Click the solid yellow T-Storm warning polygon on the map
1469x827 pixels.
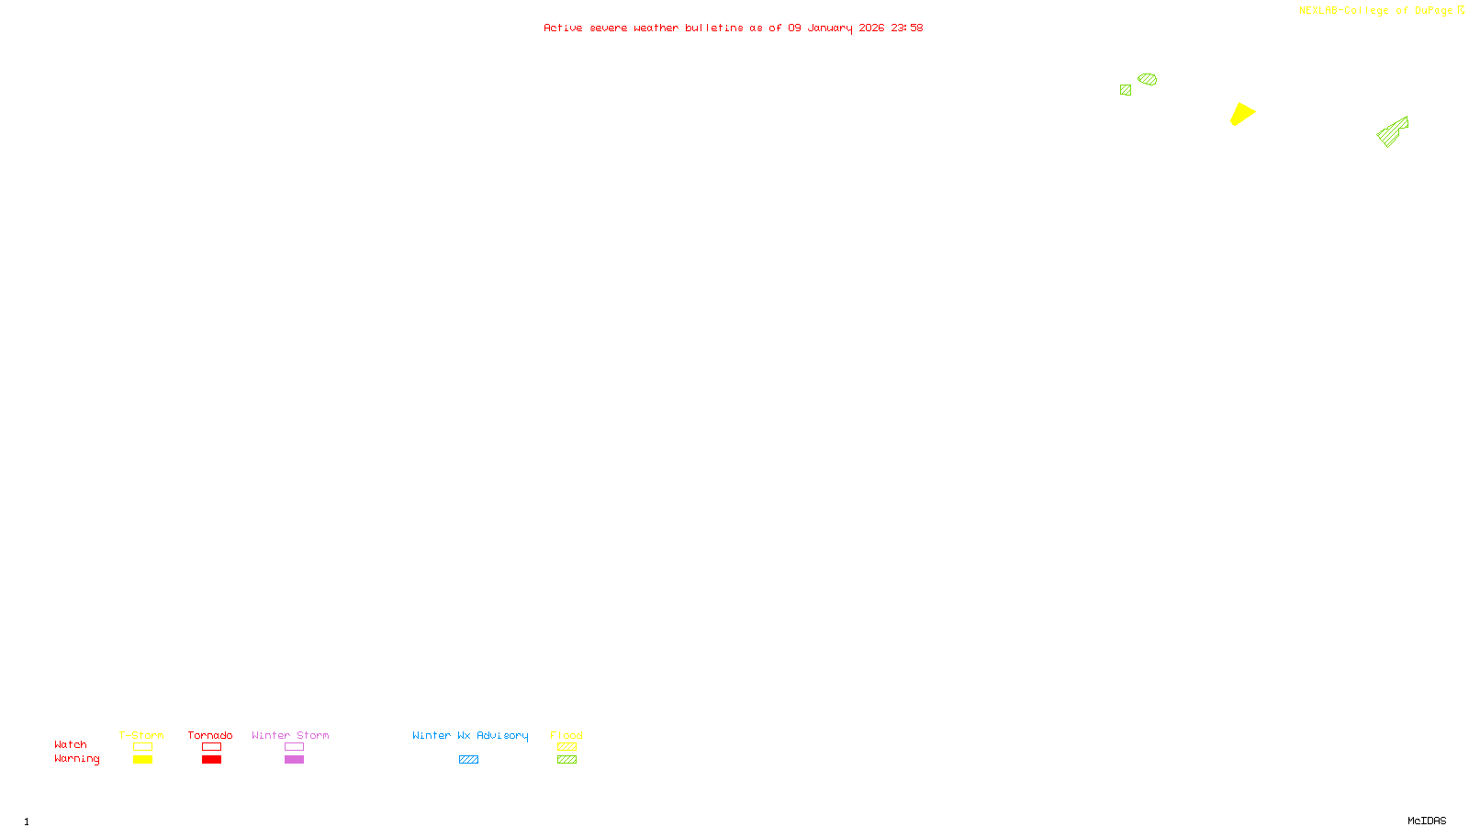tap(1241, 114)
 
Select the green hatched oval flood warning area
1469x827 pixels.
tap(1148, 79)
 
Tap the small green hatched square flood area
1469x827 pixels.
tap(1126, 90)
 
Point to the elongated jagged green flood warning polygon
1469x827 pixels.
tap(1392, 132)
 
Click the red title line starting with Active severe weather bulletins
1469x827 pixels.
tap(733, 28)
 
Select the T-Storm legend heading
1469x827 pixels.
tap(141, 735)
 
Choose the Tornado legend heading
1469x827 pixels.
tap(210, 735)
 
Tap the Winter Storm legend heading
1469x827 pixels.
tap(290, 735)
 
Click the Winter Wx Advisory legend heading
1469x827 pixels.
tap(470, 735)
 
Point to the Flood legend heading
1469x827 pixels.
tap(566, 735)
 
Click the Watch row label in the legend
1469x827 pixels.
tap(71, 744)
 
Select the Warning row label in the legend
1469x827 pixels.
tap(76, 759)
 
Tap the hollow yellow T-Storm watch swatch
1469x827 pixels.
tap(142, 747)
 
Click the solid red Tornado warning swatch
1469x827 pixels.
tap(212, 760)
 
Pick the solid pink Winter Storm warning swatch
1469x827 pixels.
tap(294, 760)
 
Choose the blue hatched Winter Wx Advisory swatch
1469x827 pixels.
tap(468, 760)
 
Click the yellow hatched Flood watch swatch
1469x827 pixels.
tap(566, 747)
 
